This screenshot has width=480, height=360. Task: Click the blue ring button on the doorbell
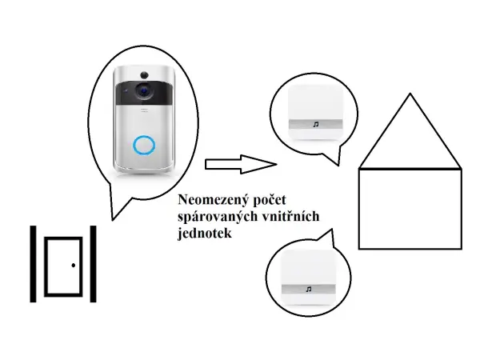pyautogui.click(x=143, y=145)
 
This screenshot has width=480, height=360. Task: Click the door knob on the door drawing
pyautogui.click(x=73, y=265)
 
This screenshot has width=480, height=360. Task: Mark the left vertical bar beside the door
pyautogui.click(x=34, y=264)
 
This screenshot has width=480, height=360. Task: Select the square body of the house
pyautogui.click(x=410, y=208)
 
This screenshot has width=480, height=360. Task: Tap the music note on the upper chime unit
pyautogui.click(x=315, y=124)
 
